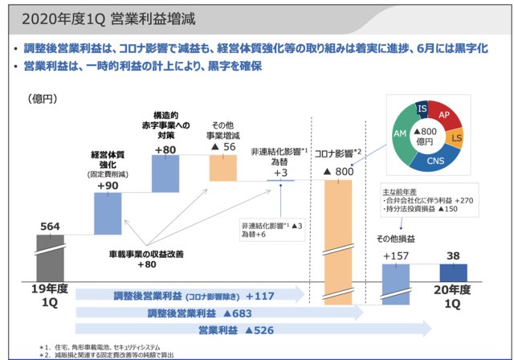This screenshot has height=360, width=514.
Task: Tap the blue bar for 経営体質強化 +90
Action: point(108,217)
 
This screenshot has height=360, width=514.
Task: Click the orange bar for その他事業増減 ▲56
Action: point(223,167)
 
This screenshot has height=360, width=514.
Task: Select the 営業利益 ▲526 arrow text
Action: point(238,329)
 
